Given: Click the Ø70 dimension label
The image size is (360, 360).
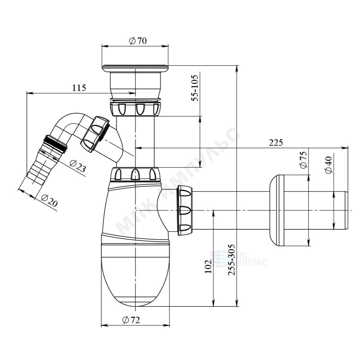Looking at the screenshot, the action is click(138, 41).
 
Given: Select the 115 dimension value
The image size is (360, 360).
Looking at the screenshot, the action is click(79, 88).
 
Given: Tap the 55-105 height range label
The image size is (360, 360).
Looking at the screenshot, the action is click(195, 88).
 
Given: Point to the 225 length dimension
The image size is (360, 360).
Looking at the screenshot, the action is click(276, 143).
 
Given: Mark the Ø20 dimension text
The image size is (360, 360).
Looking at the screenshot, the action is click(49, 200).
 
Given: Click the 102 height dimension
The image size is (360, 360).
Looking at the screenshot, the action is click(208, 266).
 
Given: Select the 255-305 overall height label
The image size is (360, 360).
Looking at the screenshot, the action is click(232, 260).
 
